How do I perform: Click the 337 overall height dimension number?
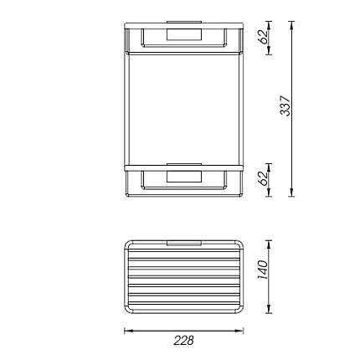285,105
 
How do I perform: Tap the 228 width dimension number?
183,341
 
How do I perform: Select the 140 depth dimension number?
262,270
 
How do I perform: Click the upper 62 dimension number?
263,36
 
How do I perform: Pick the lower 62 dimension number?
263,178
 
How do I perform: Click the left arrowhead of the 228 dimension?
128,331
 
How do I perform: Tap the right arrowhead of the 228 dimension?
239,331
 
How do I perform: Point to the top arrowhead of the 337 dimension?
291,25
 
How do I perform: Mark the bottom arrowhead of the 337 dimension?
291,193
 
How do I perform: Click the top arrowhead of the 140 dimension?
269,244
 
